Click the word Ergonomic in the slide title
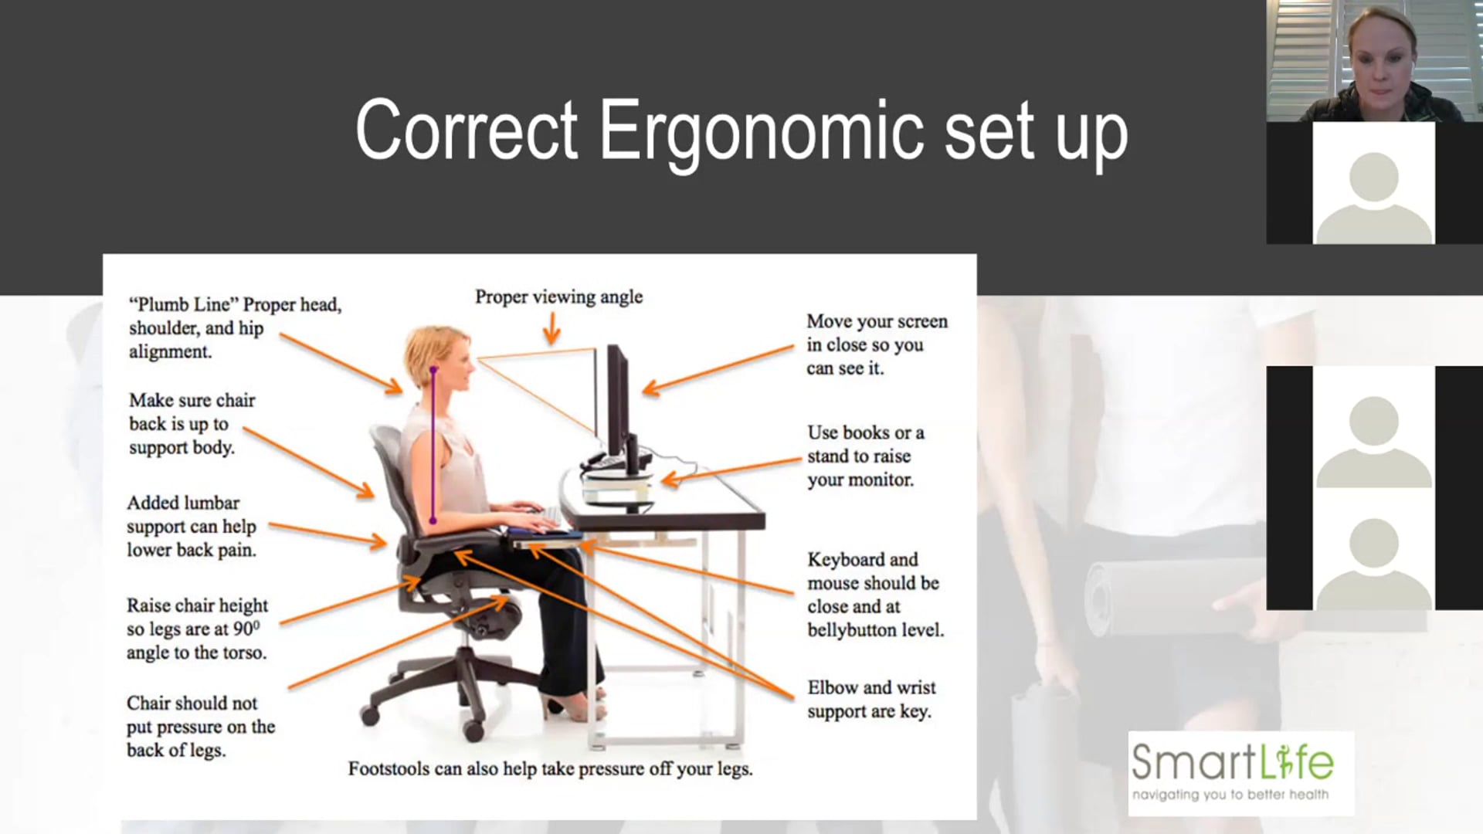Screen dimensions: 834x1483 (x=761, y=131)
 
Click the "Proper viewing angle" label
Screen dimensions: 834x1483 (x=558, y=297)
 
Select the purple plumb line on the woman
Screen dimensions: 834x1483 (x=433, y=448)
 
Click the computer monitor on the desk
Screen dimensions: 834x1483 (x=618, y=402)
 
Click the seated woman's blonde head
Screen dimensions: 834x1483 (x=436, y=355)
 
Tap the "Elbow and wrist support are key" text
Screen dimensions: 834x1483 (x=870, y=699)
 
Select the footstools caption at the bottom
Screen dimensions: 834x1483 (x=550, y=769)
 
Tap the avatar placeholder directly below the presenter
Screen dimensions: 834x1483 (x=1373, y=185)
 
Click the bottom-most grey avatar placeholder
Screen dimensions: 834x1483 (x=1373, y=564)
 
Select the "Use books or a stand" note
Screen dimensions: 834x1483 (x=865, y=456)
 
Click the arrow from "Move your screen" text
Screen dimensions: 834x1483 (x=718, y=369)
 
